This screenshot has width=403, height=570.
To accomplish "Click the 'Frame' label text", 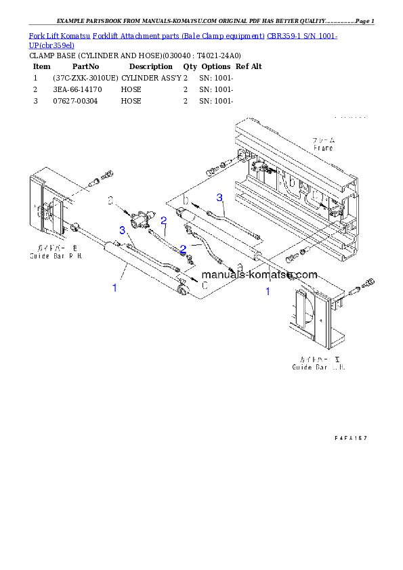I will tap(322, 148).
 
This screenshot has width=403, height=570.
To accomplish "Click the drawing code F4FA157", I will tap(350, 438).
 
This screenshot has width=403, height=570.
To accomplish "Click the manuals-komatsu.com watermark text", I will tap(259, 275).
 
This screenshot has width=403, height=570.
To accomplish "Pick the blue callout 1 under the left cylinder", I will tap(114, 288).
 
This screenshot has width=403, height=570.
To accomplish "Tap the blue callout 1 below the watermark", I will tap(268, 292).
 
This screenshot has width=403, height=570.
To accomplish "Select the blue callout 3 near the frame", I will tap(219, 197).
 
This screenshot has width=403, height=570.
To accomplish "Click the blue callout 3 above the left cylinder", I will tap(122, 231).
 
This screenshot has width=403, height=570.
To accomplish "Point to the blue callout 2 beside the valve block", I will tap(163, 219).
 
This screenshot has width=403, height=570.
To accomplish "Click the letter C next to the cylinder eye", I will tap(203, 286).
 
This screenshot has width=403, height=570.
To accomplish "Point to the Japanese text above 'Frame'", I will tap(323, 140).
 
